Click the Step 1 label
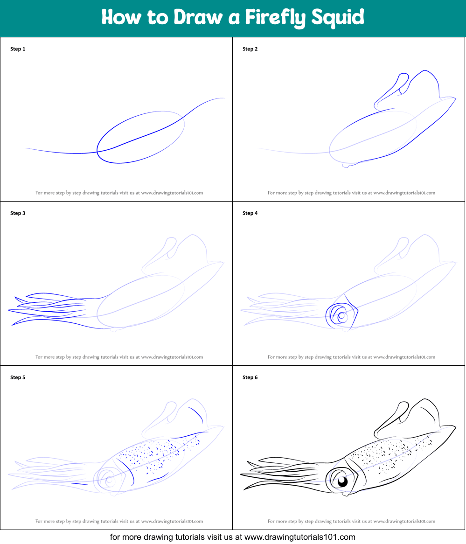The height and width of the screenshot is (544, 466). coord(18,49)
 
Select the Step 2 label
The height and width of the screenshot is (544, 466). coord(250,49)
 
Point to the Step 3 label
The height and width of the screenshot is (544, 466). coord(18,213)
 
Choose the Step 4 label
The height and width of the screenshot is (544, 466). coord(250,213)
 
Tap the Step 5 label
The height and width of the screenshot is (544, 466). coord(18,377)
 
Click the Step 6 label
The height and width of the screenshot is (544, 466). coord(250,377)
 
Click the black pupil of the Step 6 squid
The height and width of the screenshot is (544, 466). coord(343,481)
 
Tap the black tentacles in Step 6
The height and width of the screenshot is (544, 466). coord(280,473)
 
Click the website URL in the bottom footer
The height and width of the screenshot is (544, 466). coord(300,537)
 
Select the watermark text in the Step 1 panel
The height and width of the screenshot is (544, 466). coord(119,193)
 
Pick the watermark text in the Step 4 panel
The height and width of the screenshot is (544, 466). coord(351,357)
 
